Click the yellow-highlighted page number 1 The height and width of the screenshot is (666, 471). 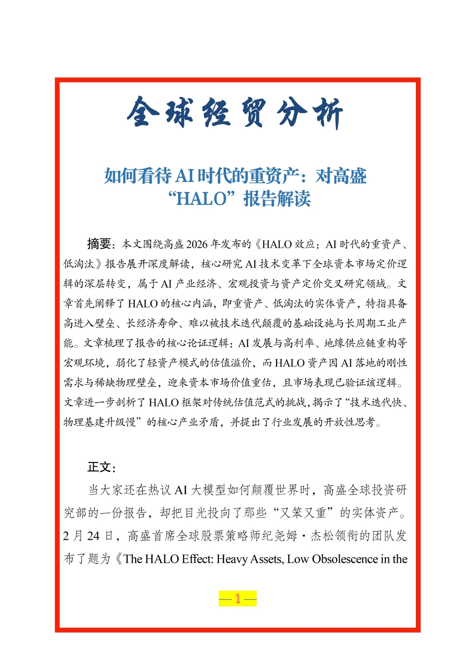[238, 599]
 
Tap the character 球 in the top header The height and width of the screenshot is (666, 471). [179, 113]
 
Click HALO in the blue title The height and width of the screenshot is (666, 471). [202, 199]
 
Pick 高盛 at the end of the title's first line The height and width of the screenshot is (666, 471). [349, 176]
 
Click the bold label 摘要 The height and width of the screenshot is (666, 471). [99, 244]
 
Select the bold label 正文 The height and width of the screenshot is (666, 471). [99, 467]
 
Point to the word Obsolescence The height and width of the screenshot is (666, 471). [345, 559]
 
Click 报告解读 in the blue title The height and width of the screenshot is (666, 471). [277, 199]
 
